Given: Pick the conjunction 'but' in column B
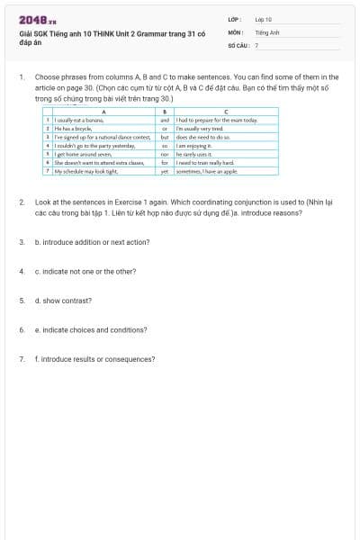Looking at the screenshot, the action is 165,136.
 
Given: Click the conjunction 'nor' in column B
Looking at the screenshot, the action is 165,153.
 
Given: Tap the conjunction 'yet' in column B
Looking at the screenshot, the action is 165,170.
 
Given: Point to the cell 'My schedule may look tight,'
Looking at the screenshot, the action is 86,170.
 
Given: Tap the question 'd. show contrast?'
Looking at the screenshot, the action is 63,301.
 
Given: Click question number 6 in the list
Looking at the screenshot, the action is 22,329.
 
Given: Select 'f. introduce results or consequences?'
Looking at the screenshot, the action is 94,359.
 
